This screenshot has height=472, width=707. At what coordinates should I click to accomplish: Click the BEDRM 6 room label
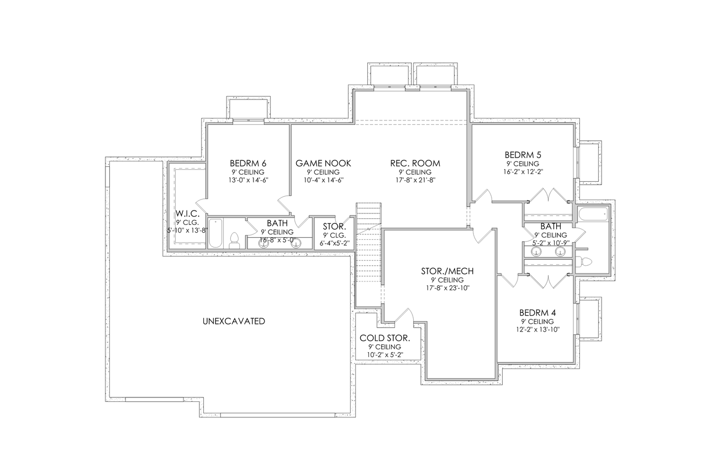pos(248,163)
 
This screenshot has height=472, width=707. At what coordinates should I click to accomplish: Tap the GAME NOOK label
pos(323,163)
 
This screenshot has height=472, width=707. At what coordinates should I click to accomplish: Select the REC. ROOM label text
pos(415,163)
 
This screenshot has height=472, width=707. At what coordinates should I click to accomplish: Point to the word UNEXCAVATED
pos(234,321)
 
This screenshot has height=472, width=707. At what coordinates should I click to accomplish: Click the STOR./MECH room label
pos(447,271)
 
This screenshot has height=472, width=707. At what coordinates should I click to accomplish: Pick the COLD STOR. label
pos(384,338)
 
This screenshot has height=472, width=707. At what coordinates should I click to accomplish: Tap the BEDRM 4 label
pos(534,312)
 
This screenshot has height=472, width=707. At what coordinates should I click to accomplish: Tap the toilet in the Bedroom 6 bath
pos(234,239)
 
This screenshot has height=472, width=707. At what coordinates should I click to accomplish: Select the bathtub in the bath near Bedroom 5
pos(592,213)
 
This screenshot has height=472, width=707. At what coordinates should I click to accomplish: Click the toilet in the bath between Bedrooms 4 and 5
pos(585,261)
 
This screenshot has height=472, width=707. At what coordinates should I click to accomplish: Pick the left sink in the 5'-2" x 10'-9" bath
pos(535,251)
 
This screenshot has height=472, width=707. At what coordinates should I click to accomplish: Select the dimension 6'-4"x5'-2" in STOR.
pos(334,243)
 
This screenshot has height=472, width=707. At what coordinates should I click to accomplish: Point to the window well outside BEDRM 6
pos(248,108)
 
